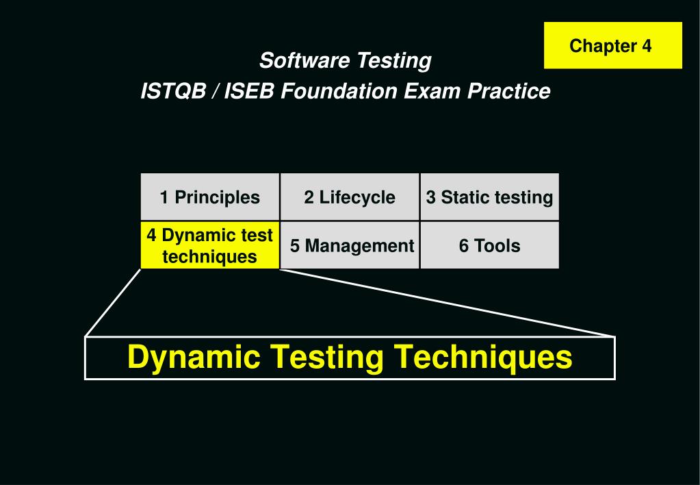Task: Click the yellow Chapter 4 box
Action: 613,45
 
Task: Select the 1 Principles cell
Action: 210,197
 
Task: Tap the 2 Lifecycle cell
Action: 350,197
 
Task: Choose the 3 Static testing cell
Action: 489,197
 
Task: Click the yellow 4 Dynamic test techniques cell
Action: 210,245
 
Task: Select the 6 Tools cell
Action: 489,245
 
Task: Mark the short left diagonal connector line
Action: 113,302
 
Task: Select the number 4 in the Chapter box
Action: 646,46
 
